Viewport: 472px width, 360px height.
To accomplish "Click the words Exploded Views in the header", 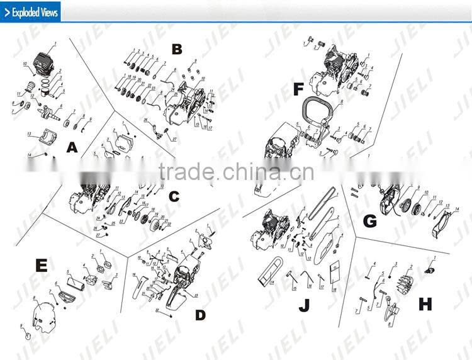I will point(34,13).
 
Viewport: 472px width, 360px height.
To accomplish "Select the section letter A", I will point(72,147).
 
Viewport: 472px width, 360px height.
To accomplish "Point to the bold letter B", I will point(177,48).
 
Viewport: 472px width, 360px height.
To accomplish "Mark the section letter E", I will point(41,266).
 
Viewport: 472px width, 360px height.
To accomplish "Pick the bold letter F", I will point(299,89).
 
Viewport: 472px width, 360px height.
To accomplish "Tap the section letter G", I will point(370,220).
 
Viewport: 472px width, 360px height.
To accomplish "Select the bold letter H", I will point(425,305).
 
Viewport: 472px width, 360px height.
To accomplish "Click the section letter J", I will point(304,306).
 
